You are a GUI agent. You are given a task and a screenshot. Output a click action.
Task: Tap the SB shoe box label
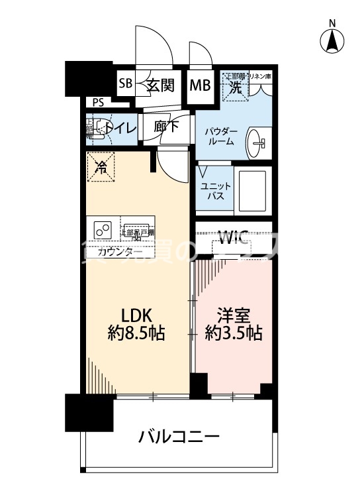pyautogui.click(x=126, y=84)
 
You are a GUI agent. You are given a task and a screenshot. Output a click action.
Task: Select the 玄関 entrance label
pyautogui.click(x=159, y=85)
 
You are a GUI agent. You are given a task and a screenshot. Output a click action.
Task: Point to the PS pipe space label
pyautogui.click(x=98, y=102)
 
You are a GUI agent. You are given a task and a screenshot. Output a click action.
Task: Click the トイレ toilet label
pyautogui.click(x=122, y=128)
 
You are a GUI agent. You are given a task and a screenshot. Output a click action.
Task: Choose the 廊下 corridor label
pyautogui.click(x=166, y=127)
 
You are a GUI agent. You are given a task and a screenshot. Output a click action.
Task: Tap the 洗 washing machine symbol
pyautogui.click(x=234, y=85)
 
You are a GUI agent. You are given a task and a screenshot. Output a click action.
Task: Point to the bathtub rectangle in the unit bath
pyautogui.click(x=252, y=190)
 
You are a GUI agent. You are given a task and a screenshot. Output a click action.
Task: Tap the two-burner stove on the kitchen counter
pyautogui.click(x=103, y=230)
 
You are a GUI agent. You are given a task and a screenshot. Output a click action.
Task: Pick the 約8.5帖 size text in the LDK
pyautogui.click(x=136, y=333)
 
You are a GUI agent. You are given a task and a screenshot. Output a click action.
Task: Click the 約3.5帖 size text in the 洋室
pyautogui.click(x=233, y=333)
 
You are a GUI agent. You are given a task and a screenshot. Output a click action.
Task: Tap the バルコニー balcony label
pyautogui.click(x=179, y=437)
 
